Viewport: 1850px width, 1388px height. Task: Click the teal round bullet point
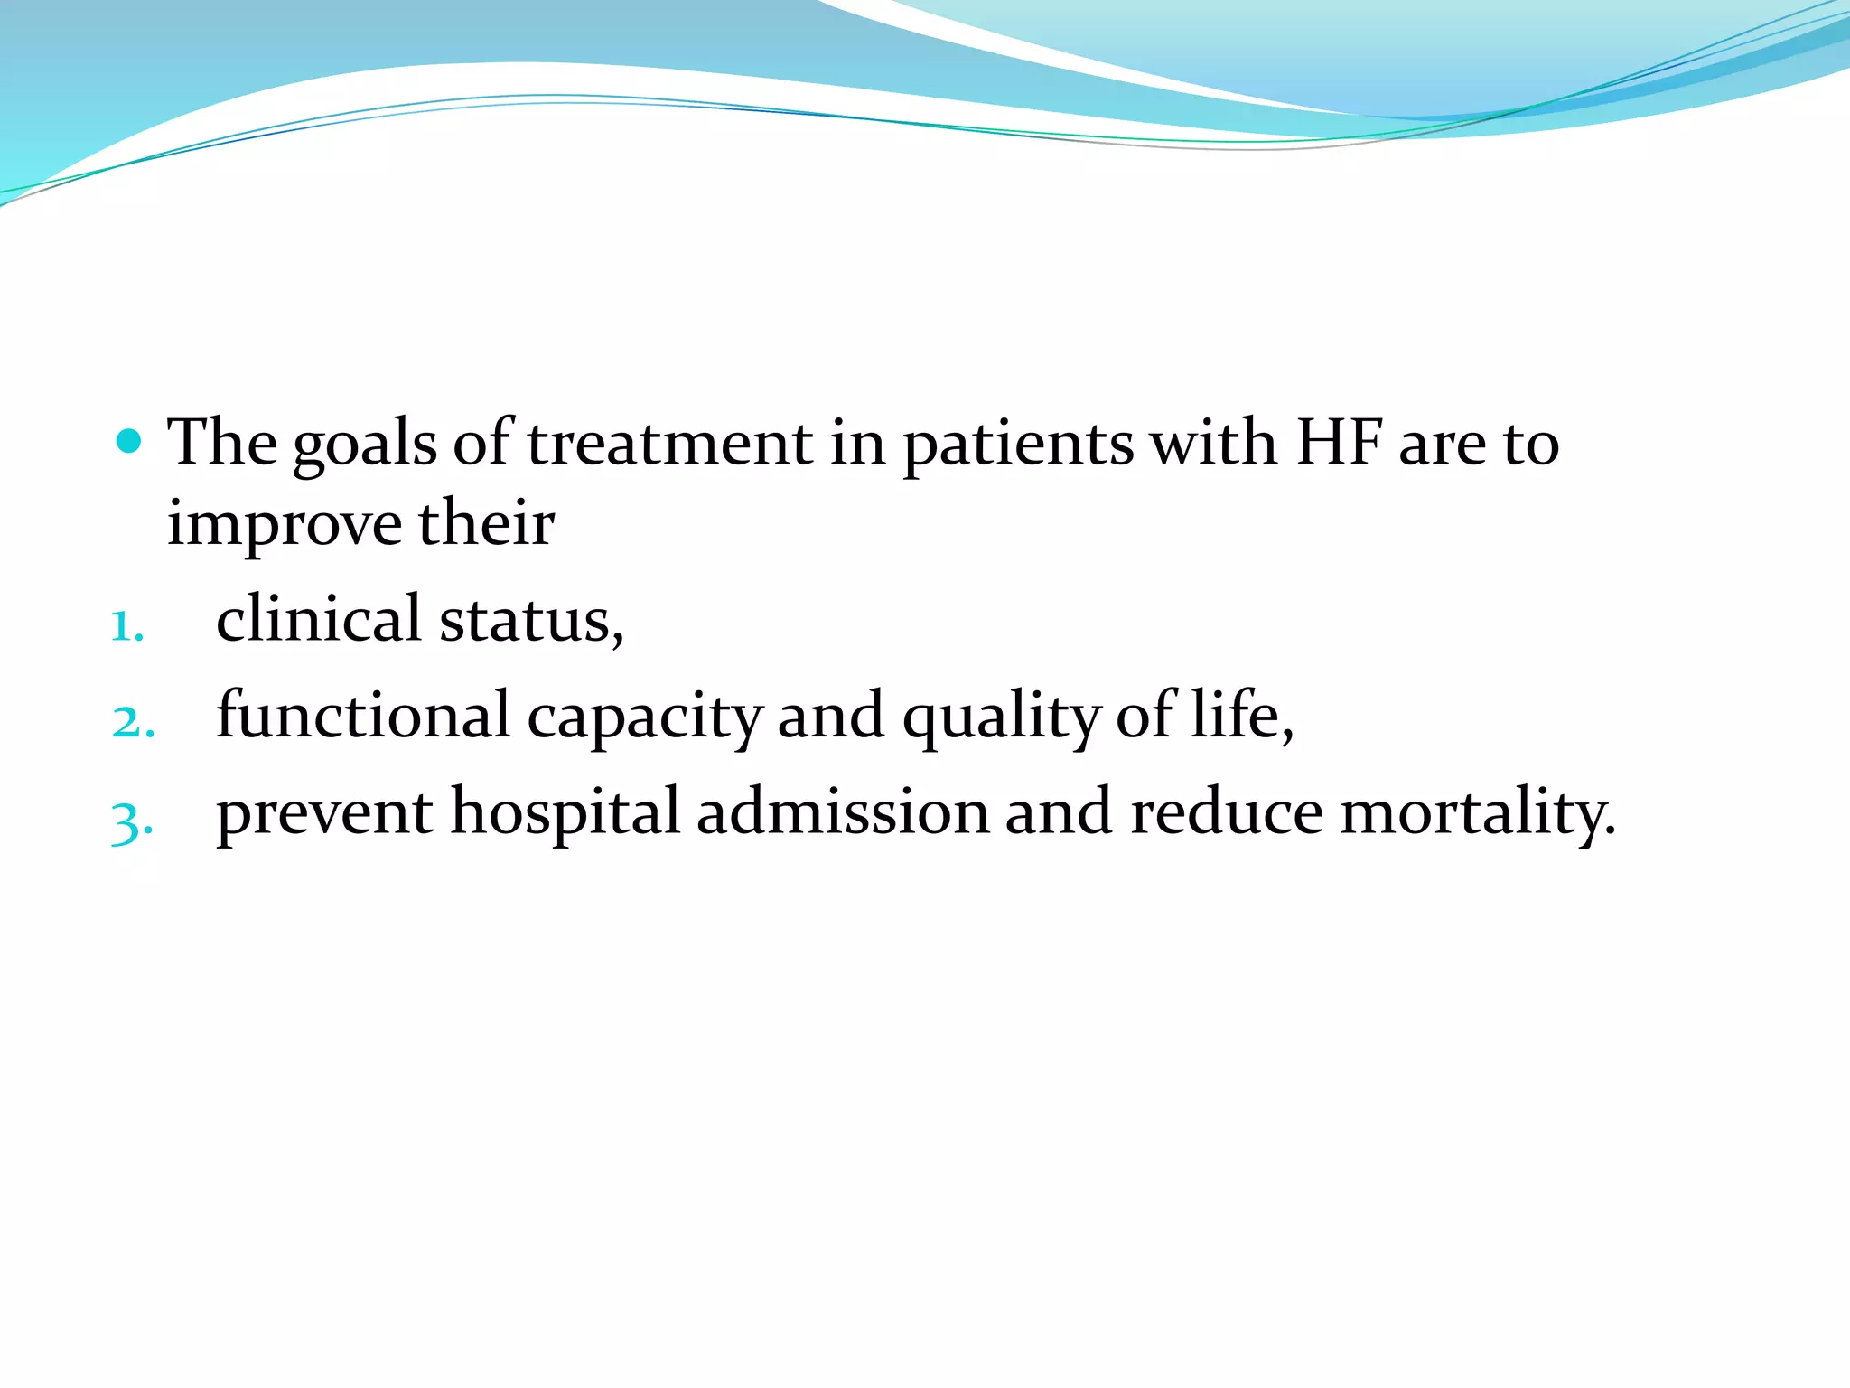(130, 441)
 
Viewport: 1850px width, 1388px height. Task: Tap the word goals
(365, 445)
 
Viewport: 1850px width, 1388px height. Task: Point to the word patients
(1018, 445)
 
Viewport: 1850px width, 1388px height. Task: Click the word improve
(284, 524)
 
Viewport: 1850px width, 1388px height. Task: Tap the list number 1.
(126, 626)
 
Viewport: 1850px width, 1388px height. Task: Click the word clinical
(319, 619)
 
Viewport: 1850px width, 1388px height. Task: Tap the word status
(531, 621)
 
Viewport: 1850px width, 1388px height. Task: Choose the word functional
(363, 715)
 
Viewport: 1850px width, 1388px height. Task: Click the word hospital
(565, 811)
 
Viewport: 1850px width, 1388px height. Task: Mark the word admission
(843, 811)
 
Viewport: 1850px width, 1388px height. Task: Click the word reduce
(1226, 811)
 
